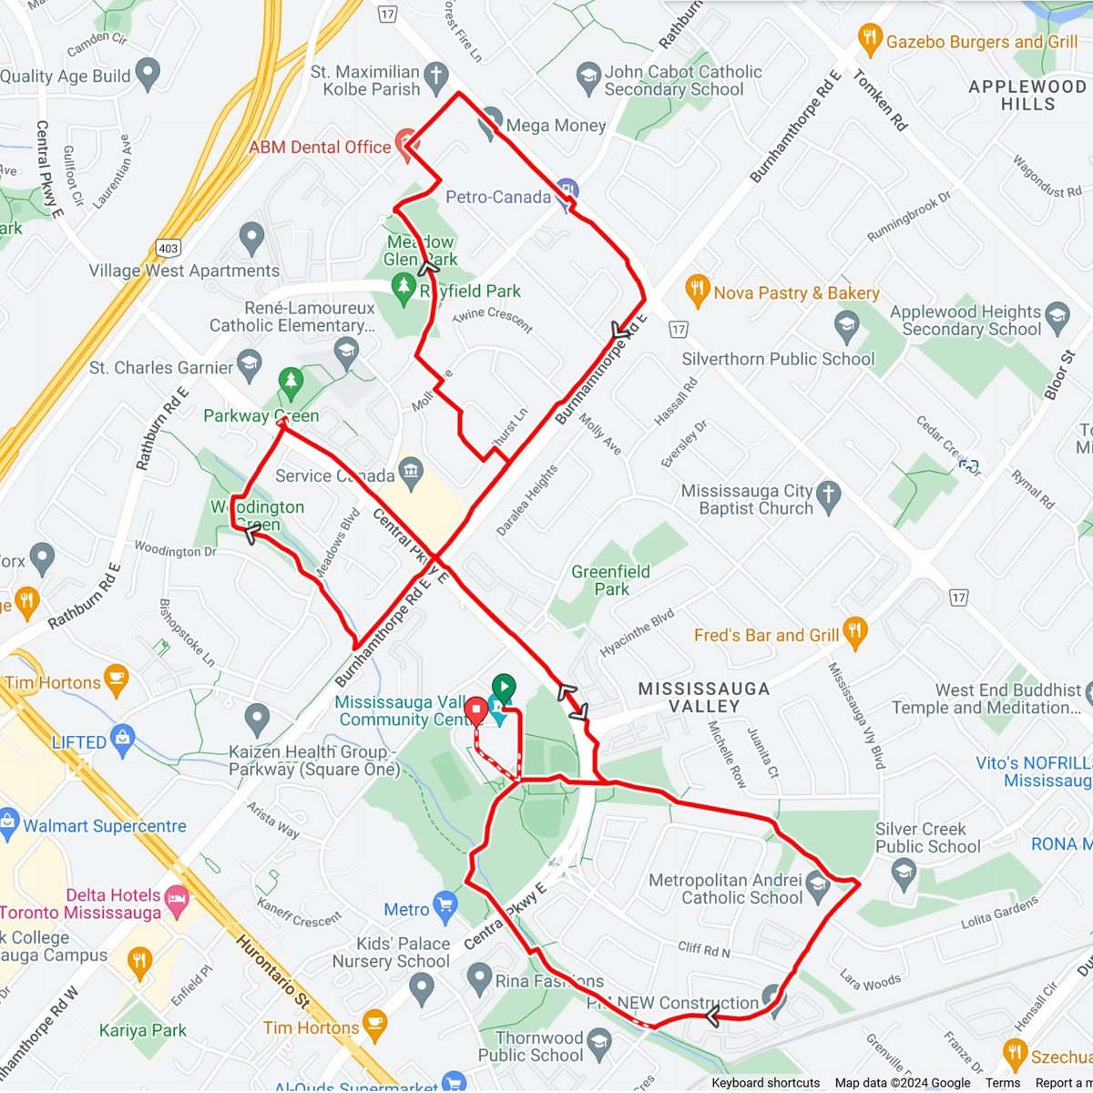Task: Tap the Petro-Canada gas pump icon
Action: (567, 192)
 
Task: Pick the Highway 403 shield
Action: (169, 248)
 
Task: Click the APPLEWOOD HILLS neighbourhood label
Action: (1027, 95)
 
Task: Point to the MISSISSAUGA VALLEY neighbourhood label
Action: (704, 697)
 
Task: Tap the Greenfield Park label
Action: (610, 580)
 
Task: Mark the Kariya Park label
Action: (143, 1031)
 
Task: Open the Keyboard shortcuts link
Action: (765, 1083)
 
